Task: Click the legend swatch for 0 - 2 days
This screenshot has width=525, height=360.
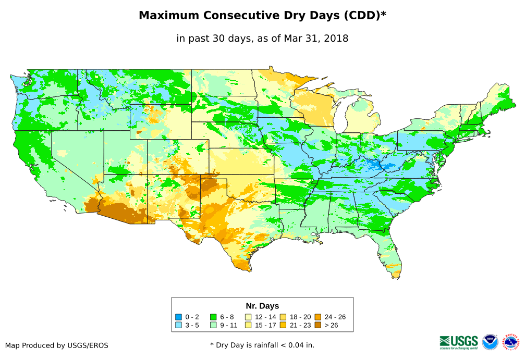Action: click(x=178, y=317)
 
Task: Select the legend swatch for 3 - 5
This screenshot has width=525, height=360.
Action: click(x=178, y=325)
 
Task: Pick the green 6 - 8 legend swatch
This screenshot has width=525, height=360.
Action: click(x=213, y=317)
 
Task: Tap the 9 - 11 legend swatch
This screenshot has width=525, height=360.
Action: click(x=213, y=325)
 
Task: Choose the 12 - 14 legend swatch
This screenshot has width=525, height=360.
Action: click(x=248, y=317)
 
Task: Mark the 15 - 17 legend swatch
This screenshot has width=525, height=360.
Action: click(x=248, y=325)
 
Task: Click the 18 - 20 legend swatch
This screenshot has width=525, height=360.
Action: click(x=283, y=317)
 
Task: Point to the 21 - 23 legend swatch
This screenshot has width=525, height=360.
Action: click(x=283, y=325)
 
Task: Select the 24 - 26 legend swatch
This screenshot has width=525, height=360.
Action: click(x=318, y=317)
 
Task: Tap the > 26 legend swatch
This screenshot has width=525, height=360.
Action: click(x=318, y=325)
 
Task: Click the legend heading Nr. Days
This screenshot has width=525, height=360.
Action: click(x=262, y=306)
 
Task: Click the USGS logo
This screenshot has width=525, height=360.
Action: click(x=459, y=342)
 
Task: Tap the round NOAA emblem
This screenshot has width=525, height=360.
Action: click(x=490, y=342)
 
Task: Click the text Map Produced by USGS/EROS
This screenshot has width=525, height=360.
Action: click(x=57, y=345)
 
